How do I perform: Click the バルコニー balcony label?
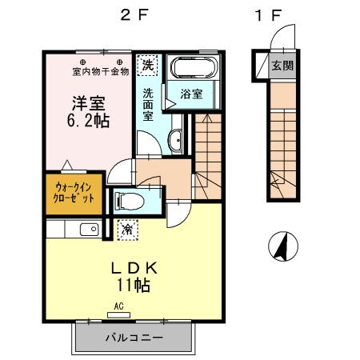click(135, 338)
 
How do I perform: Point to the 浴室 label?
click(190, 94)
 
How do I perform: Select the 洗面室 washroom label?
click(148, 103)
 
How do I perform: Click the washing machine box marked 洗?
click(147, 63)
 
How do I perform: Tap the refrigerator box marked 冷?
click(127, 229)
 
